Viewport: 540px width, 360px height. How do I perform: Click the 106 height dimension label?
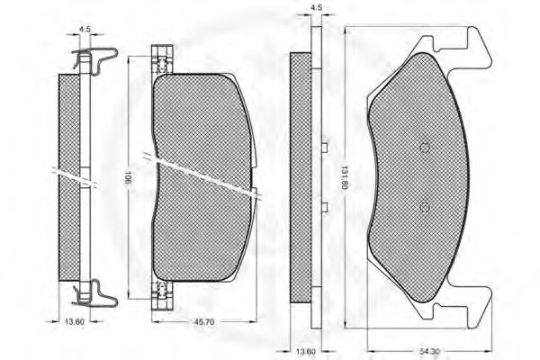pos(130,179)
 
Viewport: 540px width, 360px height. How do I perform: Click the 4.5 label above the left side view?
pos(85,30)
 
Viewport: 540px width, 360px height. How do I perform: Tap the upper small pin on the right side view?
pos(321,146)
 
